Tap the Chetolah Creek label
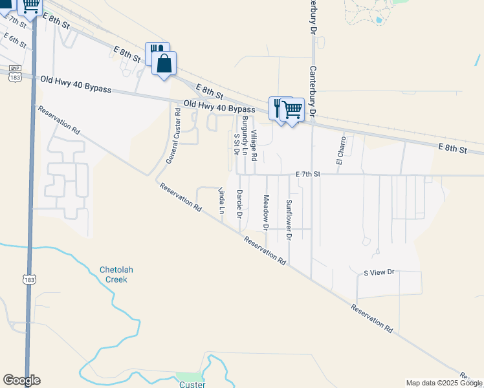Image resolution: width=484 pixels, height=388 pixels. [x=113, y=275]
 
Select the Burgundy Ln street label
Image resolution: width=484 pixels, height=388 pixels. [x=245, y=133]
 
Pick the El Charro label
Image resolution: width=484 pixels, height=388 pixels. [x=340, y=149]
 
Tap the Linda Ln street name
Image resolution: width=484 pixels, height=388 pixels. [x=221, y=200]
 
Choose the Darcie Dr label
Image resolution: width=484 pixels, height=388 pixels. [x=239, y=203]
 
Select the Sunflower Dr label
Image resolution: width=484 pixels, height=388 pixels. [x=289, y=220]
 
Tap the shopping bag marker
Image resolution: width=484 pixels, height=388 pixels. [x=164, y=64]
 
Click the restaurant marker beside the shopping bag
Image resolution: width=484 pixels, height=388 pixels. [x=155, y=52]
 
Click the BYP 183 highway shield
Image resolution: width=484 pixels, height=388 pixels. [x=14, y=73]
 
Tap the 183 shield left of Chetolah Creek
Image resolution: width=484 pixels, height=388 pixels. [x=28, y=279]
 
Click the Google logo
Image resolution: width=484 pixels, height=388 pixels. [x=21, y=380]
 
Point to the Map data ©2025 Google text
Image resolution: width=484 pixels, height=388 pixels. [x=443, y=383]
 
